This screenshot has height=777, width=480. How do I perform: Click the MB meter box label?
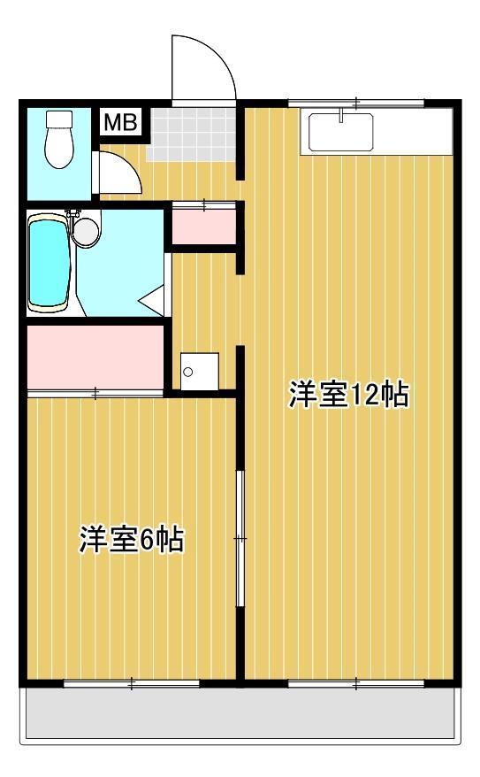click(120, 122)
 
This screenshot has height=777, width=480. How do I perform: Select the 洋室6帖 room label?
click(132, 539)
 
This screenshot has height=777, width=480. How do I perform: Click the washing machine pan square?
click(199, 370)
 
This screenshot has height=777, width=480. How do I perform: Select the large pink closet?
click(95, 357)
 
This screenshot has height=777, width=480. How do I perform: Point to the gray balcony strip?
click(241, 713)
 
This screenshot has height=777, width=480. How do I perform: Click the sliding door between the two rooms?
click(239, 538)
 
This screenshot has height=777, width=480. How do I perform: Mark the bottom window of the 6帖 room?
click(131, 682)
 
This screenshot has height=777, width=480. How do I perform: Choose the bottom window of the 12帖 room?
click(355, 682)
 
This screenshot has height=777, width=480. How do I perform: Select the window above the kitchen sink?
click(355, 103)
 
